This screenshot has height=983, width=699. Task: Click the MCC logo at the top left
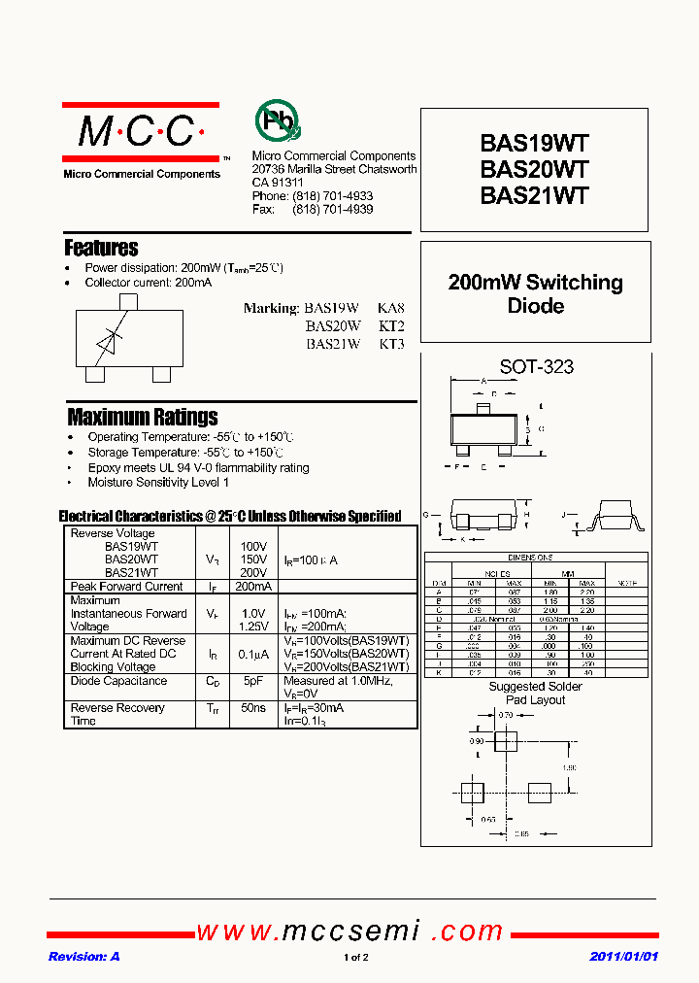pos(140,132)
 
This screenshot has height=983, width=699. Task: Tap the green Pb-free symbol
pos(278,121)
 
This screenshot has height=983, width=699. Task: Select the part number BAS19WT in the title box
pos(534,144)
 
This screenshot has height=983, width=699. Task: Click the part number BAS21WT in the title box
pos(534,194)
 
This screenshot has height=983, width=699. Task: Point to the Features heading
pos(101,248)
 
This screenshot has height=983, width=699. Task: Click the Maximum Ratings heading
pos(143,417)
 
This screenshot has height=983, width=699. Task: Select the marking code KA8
pos(391,309)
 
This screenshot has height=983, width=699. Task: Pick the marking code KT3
pos(391,344)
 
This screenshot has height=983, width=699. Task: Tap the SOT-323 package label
pos(536,367)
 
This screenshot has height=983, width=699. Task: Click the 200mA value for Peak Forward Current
pos(252,587)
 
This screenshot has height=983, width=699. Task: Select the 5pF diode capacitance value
pos(252,681)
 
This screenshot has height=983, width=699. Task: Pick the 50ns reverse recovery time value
pos(252,708)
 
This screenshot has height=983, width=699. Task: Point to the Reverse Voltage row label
pos(113,533)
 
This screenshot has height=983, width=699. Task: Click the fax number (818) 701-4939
pos(332,209)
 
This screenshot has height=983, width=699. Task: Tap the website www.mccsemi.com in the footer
pos(349,932)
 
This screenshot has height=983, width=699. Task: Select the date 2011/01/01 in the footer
pos(623,957)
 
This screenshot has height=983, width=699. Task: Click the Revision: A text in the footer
pos(84,957)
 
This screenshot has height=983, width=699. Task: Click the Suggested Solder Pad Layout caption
pos(535,694)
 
